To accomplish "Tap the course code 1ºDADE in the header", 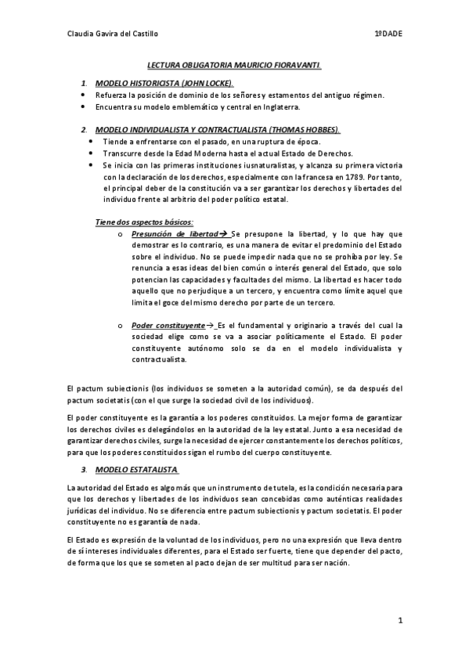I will coord(388,34).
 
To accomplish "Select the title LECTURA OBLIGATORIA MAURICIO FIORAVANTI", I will coord(235,68).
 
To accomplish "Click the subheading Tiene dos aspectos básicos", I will coord(139,222).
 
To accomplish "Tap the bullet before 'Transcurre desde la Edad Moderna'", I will coord(92,154).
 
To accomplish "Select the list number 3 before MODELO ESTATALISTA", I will coord(84,470).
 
